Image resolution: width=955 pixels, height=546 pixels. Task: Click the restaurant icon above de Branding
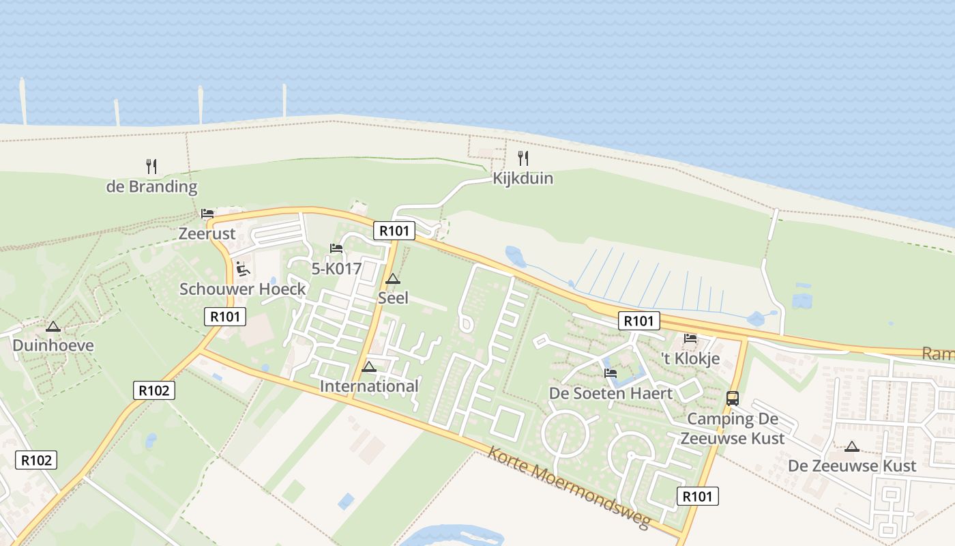pos(151,166)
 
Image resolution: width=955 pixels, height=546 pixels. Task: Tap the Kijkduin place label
pos(523,179)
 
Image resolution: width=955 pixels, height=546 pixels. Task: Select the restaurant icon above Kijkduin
pos(523,158)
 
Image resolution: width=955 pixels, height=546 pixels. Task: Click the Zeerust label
pos(207,233)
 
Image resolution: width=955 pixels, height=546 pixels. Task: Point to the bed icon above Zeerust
pos(207,214)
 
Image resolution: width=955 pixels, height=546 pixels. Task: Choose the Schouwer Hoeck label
pos(243,289)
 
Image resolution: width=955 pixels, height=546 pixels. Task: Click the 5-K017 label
pos(336,269)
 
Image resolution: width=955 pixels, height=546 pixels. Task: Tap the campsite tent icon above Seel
pos(393,279)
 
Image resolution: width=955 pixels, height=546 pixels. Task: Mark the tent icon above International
pos(369,367)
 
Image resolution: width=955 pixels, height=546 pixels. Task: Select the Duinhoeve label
pos(53,345)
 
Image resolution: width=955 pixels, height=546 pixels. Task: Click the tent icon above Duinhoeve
pos(53,326)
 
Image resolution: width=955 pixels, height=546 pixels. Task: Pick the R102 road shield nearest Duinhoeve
pos(154,390)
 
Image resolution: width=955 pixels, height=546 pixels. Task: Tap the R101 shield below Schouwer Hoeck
pos(225,317)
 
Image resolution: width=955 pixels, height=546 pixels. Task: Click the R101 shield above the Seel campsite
pos(394,231)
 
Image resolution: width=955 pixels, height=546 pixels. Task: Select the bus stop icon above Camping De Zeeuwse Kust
pos(733,399)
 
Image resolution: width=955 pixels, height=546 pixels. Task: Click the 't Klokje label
pos(691,359)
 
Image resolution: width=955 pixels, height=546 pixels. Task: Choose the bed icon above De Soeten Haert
pos(611,373)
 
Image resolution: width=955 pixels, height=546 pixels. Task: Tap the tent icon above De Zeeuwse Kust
pos(851,447)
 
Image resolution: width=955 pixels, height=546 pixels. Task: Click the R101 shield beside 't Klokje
pos(639,321)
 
